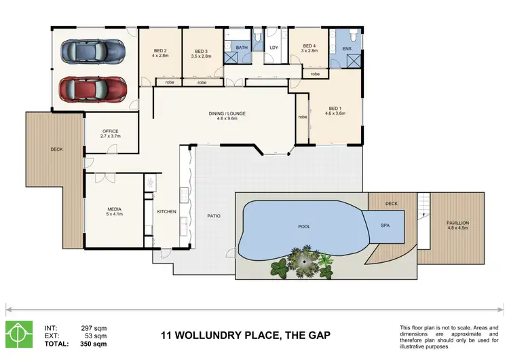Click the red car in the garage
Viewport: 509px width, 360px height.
pos(92,88)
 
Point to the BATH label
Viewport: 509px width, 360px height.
pos(242,48)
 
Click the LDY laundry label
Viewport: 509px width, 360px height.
pos(274,48)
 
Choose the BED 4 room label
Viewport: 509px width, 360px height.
pos(309,48)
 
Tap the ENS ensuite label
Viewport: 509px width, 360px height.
pos(347,48)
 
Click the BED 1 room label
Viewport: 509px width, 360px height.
pos(335,109)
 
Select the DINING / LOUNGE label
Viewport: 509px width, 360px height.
pos(227,113)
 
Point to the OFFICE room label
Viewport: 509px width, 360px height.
pos(111,131)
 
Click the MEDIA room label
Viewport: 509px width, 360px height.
pos(113,209)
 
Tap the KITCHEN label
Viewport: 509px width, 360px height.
pos(166,212)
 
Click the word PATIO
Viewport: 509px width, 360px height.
pos(214,216)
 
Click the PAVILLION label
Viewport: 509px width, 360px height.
pos(458,223)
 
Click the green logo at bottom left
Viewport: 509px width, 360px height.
pos(19,334)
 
